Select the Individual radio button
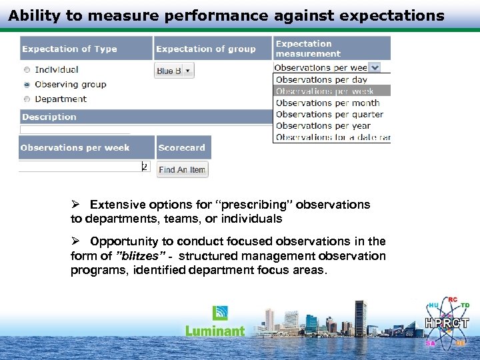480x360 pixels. [27, 69]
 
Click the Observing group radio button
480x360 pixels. [27, 85]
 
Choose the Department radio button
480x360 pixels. [27, 99]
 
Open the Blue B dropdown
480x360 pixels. [174, 71]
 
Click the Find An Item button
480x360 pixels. [182, 170]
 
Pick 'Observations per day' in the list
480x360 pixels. [321, 80]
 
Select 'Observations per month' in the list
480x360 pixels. [327, 103]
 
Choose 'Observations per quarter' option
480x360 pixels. [329, 114]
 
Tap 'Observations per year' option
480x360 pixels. [323, 125]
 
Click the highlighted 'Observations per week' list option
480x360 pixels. [325, 91]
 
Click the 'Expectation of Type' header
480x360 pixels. [69, 49]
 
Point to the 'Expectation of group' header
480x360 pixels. [205, 49]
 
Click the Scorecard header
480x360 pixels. [182, 147]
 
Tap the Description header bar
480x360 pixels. [49, 117]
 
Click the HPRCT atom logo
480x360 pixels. [447, 322]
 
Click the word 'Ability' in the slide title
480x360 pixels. [31, 15]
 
